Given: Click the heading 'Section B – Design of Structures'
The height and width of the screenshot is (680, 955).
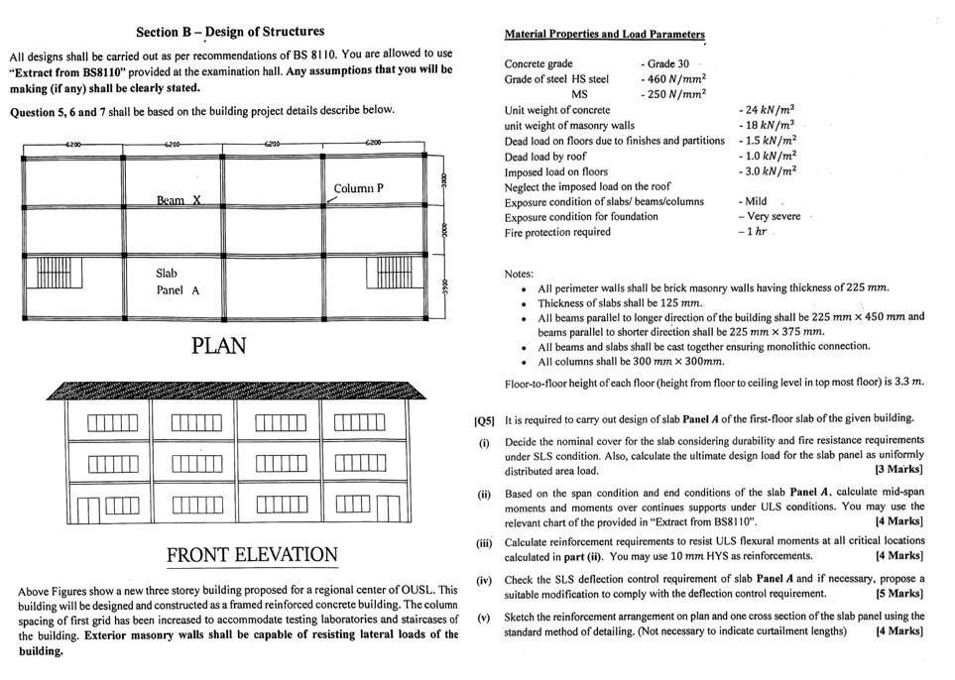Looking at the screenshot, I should [229, 32].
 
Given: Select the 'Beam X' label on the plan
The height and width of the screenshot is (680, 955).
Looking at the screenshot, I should [179, 200].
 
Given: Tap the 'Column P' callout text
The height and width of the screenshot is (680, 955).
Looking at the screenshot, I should [358, 188].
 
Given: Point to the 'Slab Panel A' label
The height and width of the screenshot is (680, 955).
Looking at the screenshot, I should [178, 282].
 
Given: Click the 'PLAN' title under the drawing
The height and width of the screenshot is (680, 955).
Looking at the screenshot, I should [218, 346].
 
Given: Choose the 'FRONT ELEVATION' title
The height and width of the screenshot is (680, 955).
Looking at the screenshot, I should [252, 554].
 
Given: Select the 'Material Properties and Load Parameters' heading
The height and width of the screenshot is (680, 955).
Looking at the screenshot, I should [604, 35].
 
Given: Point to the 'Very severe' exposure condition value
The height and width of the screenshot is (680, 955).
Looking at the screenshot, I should [775, 216].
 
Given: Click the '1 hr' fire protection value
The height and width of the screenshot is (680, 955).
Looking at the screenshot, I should [756, 232].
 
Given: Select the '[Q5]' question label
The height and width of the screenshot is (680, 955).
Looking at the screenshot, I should [484, 418].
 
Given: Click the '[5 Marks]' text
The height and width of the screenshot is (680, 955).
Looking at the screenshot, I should [897, 594].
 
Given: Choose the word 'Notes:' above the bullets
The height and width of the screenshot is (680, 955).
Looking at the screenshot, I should [519, 273].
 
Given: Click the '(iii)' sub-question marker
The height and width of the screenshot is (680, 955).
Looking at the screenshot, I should [484, 542].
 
